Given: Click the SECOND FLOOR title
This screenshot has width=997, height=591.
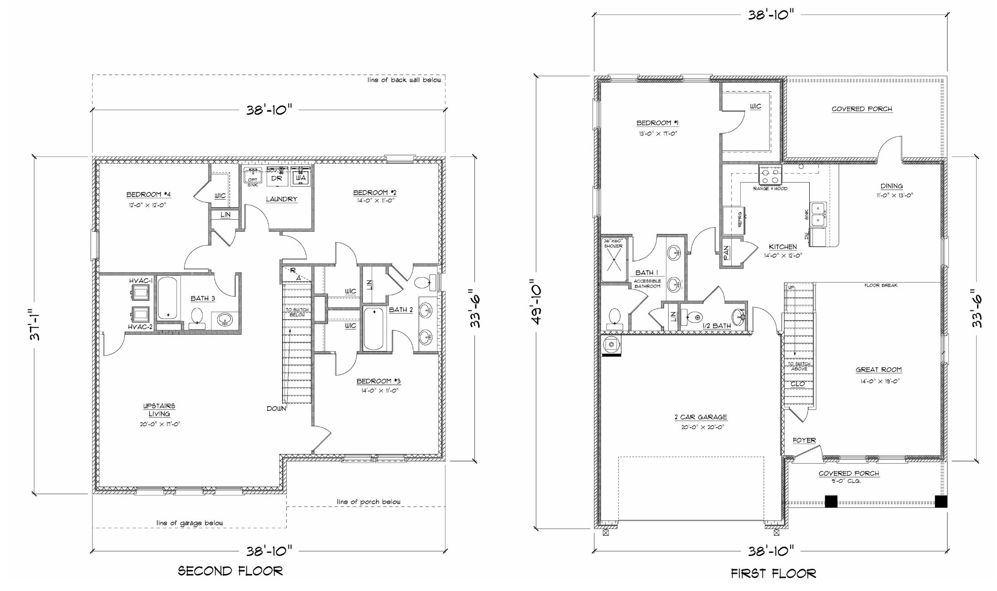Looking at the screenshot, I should point(230,571).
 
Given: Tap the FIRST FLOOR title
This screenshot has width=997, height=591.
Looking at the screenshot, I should point(773,573).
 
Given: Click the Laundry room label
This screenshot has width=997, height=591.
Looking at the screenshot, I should point(281,199).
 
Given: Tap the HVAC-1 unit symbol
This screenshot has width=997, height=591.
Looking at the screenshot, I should point(140,293).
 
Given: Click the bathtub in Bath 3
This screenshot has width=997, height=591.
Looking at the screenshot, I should point(168,298).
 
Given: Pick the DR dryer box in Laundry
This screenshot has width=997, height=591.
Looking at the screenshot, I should point(277,178).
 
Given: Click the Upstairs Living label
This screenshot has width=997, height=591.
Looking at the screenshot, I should point(159,410).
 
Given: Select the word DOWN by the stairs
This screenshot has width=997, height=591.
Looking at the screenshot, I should point(276,409).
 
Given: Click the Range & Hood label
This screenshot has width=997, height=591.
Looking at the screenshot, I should point(770,188).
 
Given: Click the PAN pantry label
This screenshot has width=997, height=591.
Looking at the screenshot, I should point(726,253).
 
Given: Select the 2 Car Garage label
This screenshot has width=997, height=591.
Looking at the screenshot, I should point(700,417).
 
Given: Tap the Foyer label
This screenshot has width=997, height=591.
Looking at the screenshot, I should point(804,440).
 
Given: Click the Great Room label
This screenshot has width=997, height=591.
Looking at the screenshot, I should point(878,370).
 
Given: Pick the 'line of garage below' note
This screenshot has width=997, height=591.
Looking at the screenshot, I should point(190,523).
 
